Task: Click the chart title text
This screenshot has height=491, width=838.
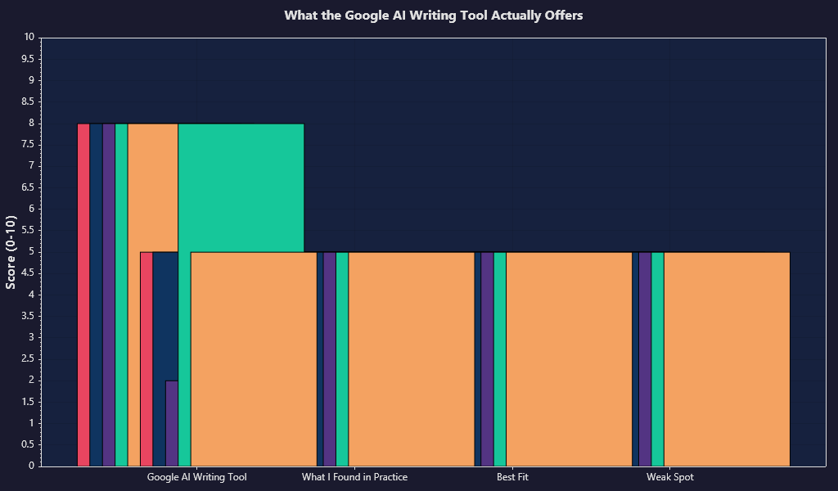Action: coord(433,16)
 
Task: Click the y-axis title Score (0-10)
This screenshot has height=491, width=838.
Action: coord(11,252)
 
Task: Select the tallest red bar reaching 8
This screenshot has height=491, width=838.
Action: coord(83,295)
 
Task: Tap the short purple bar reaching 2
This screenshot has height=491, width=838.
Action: coord(172,423)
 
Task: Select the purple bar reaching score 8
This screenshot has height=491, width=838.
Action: coord(109,295)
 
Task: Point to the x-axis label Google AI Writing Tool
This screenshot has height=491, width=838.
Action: coord(196,477)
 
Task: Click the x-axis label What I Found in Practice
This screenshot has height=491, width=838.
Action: coord(354,477)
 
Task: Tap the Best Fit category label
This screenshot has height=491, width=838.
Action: coord(512,477)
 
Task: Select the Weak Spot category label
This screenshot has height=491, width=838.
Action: coord(670,477)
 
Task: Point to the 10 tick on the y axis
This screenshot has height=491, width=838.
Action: coord(29,38)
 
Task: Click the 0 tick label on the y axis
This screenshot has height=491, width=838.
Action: coord(31,466)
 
